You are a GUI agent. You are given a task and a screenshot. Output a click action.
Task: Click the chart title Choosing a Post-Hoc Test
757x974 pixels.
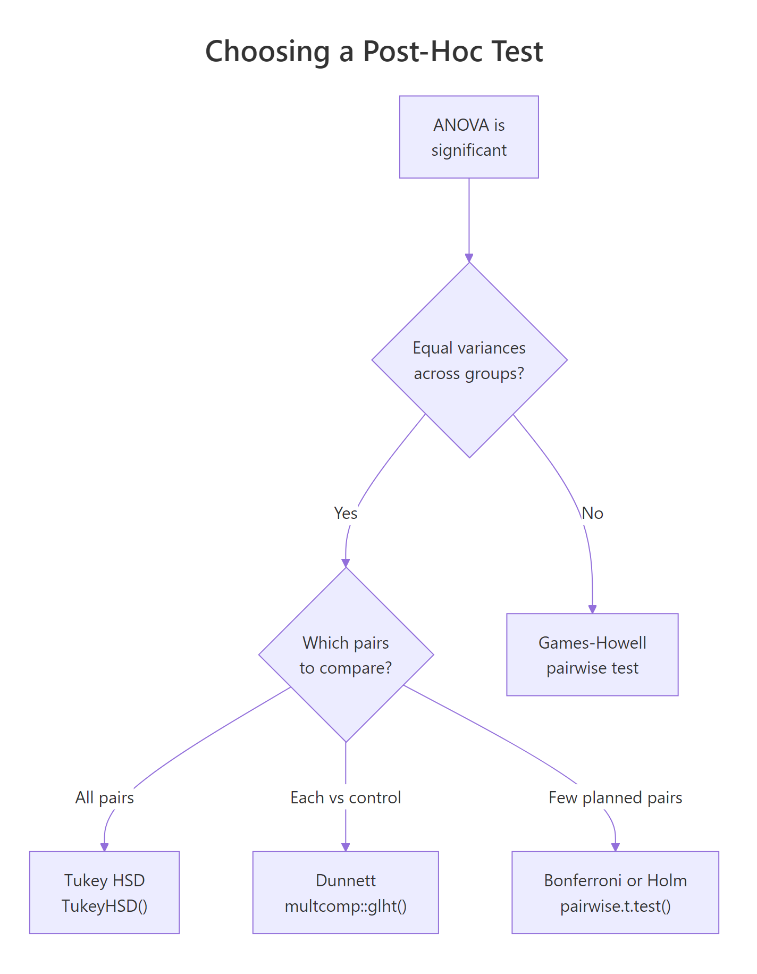[x=374, y=52]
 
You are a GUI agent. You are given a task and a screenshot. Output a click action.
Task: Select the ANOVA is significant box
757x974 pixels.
[x=468, y=137]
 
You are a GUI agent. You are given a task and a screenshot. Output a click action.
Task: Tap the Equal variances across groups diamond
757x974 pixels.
[x=469, y=360]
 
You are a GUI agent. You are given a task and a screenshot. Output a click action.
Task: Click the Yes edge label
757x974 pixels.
[x=346, y=513]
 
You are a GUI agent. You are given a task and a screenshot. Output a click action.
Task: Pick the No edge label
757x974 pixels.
[x=592, y=513]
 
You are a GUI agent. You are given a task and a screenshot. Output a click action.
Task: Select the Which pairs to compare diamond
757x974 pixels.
[x=346, y=654]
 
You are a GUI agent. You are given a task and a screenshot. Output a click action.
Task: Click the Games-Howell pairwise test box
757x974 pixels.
[x=592, y=654]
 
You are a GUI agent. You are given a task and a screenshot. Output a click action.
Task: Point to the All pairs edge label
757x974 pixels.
[x=104, y=797]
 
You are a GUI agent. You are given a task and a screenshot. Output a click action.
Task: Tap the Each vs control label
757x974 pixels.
[x=346, y=797]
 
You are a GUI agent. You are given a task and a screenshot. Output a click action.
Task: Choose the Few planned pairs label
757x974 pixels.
[x=615, y=797]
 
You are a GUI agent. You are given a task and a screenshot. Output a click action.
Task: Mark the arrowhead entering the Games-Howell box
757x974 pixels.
[x=592, y=609]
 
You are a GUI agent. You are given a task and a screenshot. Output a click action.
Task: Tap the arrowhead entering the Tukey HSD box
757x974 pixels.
[x=104, y=847]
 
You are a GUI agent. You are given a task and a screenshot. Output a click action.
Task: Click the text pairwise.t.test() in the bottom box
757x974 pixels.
[x=615, y=905]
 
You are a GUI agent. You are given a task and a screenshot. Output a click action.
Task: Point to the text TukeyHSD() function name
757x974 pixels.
[x=104, y=905]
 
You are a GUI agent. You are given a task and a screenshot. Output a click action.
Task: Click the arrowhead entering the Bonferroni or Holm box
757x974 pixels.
[x=615, y=847]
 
